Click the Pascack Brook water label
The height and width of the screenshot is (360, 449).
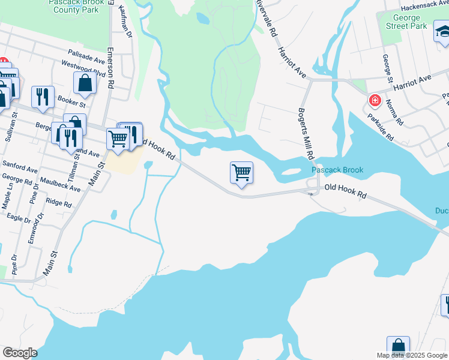coord(337,170)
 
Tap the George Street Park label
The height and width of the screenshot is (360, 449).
coord(406,22)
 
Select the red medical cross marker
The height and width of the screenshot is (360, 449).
coord(375,100)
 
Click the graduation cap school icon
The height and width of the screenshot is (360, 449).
coord(442,34)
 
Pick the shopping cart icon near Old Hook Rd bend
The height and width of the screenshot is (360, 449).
coord(241,173)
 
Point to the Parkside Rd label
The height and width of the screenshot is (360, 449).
coord(381,128)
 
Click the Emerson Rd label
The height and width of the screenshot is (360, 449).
coord(110,68)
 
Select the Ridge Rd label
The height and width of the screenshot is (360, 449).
coord(59,203)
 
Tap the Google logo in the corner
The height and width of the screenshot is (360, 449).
coord(19,353)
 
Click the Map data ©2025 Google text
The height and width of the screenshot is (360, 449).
coord(412,355)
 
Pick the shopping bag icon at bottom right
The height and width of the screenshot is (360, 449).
coord(397,346)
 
